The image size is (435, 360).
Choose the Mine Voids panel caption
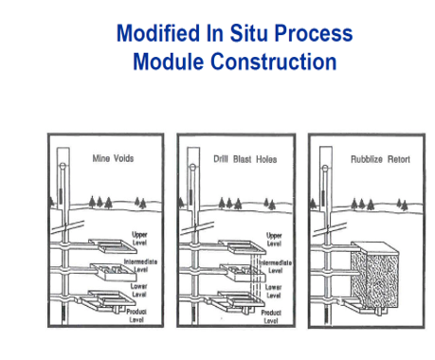coord(113,158)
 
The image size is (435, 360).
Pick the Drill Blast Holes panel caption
coord(242,158)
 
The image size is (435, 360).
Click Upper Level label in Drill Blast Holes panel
coord(275,238)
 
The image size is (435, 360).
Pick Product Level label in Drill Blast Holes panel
coord(272,315)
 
